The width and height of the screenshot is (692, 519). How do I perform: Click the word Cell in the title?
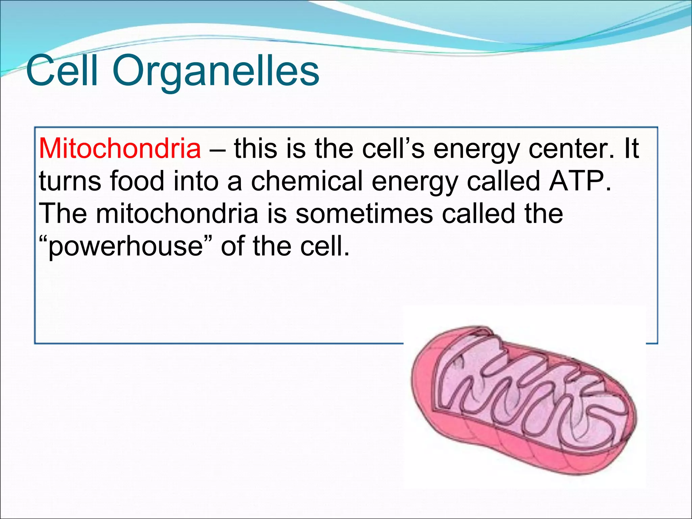click(x=62, y=71)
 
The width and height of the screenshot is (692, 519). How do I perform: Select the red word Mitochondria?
click(x=120, y=148)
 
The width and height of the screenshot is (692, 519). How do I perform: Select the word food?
click(x=137, y=181)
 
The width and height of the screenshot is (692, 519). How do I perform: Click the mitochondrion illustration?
click(x=524, y=399)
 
